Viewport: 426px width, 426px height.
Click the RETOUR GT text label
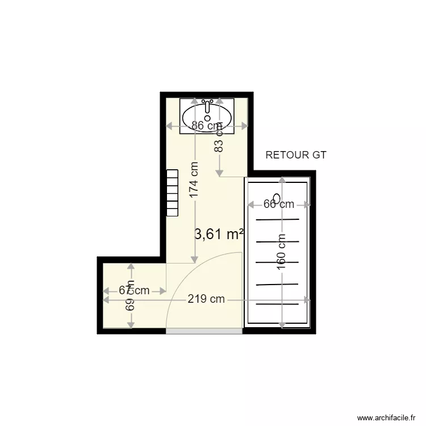pos(296,155)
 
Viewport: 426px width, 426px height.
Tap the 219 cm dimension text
pos(206,299)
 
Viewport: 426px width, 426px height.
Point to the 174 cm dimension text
pos(194,181)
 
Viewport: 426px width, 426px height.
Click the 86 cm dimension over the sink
pos(206,126)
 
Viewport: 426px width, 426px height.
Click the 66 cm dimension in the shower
pos(278,203)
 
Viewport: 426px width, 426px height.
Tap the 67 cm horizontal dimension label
pos(134,290)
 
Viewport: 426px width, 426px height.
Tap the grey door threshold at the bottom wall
pos(204,331)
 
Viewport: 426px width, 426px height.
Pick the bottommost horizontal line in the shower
pos(278,304)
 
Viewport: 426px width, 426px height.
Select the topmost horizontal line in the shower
pos(278,219)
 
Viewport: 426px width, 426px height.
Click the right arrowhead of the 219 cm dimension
pos(307,299)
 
